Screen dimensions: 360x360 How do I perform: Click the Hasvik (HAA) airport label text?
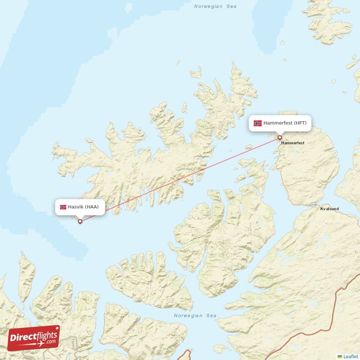tap(83, 207)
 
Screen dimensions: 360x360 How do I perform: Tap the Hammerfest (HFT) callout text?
tap(285, 123)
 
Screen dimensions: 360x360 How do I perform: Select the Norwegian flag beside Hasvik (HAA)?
tap(63, 207)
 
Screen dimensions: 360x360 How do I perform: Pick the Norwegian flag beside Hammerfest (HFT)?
tap(257, 123)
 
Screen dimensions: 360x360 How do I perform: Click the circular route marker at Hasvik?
tap(80, 221)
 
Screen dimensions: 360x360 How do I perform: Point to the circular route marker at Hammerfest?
tap(279, 138)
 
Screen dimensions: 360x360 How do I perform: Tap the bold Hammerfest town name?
tap(292, 143)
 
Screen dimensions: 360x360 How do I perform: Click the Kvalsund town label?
tap(329, 209)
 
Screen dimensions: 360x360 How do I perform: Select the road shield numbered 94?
tap(314, 205)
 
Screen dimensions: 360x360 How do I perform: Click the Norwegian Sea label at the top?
tap(215, 7)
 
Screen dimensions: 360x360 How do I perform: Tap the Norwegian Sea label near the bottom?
tap(195, 316)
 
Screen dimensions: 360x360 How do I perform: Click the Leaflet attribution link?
tap(350, 356)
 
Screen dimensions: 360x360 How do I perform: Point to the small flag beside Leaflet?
tap(340, 356)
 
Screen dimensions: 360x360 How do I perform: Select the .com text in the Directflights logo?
tap(51, 342)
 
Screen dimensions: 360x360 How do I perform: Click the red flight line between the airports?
tap(180, 179)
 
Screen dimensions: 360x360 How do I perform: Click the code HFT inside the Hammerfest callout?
tap(300, 123)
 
